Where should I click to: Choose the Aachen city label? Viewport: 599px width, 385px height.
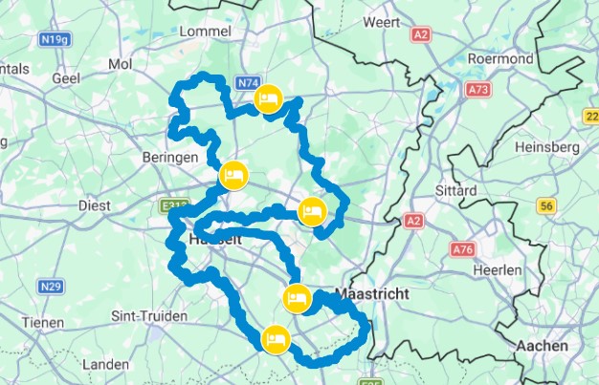tap(542, 345)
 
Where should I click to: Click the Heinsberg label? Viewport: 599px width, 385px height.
tap(547, 147)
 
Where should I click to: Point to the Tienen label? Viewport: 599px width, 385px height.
tap(42, 322)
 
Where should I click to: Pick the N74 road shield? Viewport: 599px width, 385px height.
tap(247, 84)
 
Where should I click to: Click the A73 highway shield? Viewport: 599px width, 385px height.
tap(478, 89)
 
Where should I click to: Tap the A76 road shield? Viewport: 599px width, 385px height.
tap(463, 250)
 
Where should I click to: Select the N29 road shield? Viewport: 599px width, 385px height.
tap(52, 286)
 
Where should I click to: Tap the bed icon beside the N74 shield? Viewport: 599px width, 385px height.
tap(269, 98)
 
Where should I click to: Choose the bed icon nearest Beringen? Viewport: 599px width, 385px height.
tap(233, 175)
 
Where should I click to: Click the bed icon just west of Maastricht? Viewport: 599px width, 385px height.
tap(298, 298)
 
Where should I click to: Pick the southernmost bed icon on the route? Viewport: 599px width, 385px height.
tap(277, 339)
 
